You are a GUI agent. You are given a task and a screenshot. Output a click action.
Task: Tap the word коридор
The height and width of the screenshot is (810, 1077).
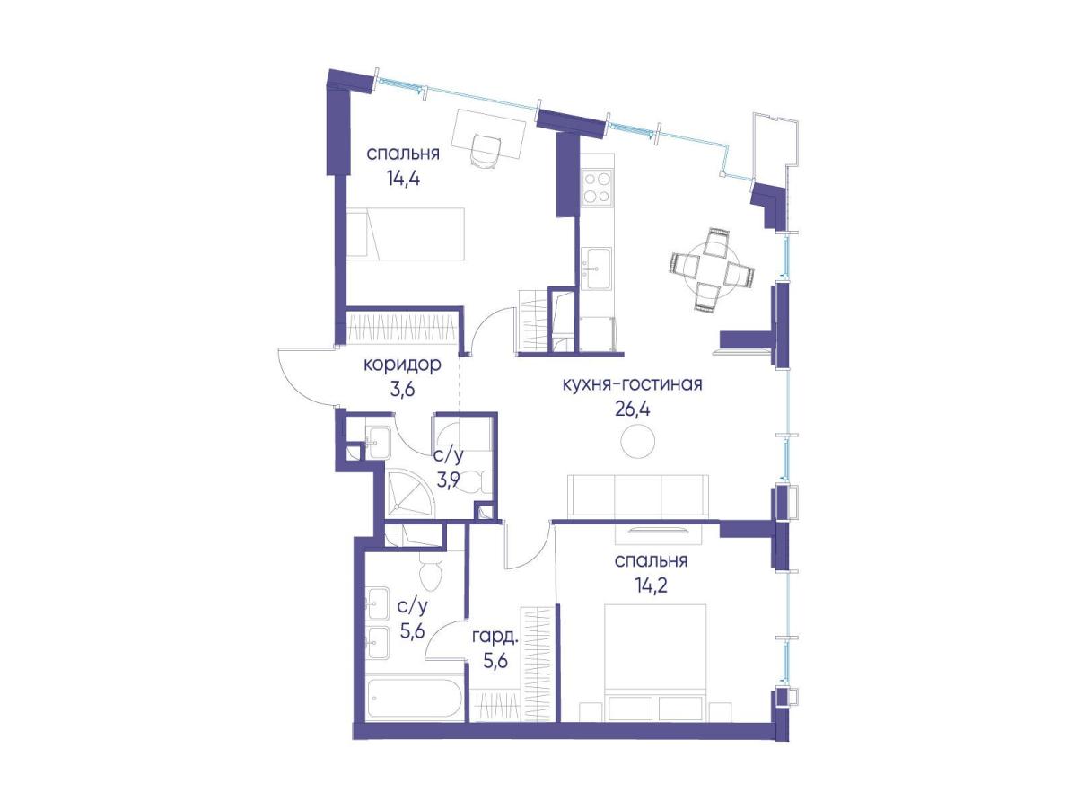(x=402, y=365)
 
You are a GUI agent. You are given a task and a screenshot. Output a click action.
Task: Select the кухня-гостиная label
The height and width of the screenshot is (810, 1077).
(x=632, y=383)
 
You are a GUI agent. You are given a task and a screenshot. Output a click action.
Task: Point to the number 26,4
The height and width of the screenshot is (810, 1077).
(x=633, y=409)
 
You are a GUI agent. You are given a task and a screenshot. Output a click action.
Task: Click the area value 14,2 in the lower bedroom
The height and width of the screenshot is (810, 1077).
(x=650, y=585)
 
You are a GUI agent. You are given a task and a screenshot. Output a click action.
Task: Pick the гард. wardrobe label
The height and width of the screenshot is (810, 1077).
(x=495, y=638)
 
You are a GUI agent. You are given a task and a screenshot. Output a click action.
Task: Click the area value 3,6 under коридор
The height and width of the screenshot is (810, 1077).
(x=403, y=390)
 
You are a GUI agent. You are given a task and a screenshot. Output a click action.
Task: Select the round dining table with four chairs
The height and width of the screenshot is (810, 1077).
(x=711, y=270)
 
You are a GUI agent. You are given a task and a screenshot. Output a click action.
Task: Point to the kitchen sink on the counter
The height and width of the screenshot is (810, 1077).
(x=597, y=269)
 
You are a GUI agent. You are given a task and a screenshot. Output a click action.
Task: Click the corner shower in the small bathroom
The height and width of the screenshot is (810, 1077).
(x=410, y=494)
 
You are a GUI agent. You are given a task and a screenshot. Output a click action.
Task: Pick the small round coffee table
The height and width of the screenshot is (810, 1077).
(x=637, y=441)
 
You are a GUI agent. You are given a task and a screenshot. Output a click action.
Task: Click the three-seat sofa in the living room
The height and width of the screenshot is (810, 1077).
(x=638, y=496)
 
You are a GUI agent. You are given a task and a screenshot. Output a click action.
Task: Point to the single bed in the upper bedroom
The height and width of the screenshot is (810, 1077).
(x=406, y=234)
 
